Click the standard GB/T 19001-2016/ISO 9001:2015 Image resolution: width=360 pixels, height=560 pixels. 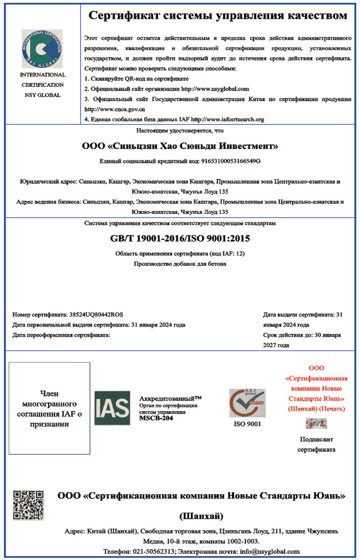tap(180, 238)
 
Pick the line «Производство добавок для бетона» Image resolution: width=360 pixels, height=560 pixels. tap(180, 264)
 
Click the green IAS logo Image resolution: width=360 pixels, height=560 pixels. tap(112, 408)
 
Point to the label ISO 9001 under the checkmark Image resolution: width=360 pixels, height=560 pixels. tap(247, 424)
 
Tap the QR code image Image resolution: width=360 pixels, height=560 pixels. tap(28, 505)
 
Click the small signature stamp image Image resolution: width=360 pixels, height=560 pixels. tap(316, 423)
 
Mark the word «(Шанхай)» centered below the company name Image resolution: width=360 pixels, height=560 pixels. tap(202, 515)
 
